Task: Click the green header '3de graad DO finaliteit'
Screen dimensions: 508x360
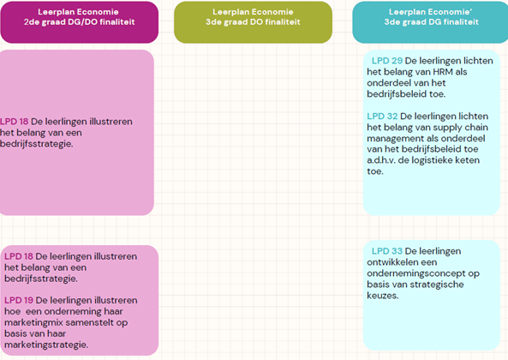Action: coord(253,22)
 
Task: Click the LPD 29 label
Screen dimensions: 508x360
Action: coord(387,61)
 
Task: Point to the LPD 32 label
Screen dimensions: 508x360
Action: coord(382,116)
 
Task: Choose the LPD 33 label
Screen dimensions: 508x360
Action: coord(387,251)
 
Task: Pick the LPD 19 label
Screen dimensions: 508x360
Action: coord(19,300)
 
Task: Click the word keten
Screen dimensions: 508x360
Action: coord(469,160)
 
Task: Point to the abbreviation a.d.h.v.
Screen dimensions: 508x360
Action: coord(381,160)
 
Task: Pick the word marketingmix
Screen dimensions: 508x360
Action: coord(33,323)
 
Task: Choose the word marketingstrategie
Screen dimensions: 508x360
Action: coord(46,345)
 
